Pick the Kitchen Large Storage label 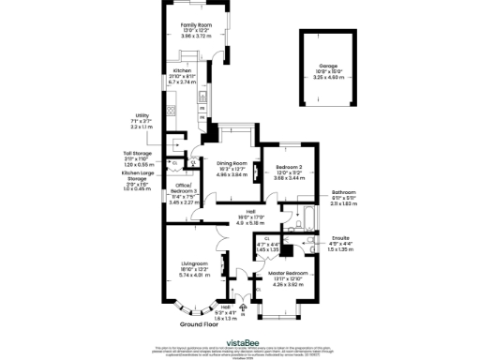pos(139,174)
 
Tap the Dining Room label pos(231,162)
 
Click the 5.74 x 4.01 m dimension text pos(192,275)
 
